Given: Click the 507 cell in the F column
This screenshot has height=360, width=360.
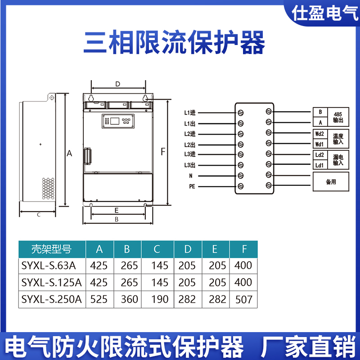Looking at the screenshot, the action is (243, 299).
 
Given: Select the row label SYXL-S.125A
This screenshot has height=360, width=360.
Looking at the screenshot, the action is (51, 283).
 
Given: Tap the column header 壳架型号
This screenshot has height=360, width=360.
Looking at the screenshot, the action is (51, 249).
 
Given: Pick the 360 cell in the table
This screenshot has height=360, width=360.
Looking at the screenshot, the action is (129, 299).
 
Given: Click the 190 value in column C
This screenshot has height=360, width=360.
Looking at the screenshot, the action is (160, 299).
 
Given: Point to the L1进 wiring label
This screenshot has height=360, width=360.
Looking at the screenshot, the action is (190, 113).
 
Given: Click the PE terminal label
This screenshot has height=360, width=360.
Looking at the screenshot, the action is (192, 186).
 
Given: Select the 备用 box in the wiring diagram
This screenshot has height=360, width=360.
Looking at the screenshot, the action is (331, 182).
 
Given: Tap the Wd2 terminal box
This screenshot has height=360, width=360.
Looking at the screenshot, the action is (320, 134).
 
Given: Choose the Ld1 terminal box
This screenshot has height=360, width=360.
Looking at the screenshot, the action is (320, 165).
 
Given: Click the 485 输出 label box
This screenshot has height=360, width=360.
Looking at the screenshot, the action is (338, 117).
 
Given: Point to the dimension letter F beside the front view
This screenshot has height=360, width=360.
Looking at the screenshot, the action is (163, 152).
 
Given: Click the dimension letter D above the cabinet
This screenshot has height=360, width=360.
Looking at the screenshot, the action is (117, 84).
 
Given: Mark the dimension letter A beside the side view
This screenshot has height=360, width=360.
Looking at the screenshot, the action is (69, 153).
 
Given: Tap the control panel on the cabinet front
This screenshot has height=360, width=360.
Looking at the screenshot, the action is (118, 121).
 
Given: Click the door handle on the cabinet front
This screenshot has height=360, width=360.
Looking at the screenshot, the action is (87, 156).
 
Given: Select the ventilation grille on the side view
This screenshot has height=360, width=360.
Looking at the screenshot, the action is (48, 189).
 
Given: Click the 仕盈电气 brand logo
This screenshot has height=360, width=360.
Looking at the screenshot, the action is (324, 13).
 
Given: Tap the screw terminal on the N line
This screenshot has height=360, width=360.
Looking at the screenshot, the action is (240, 175).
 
